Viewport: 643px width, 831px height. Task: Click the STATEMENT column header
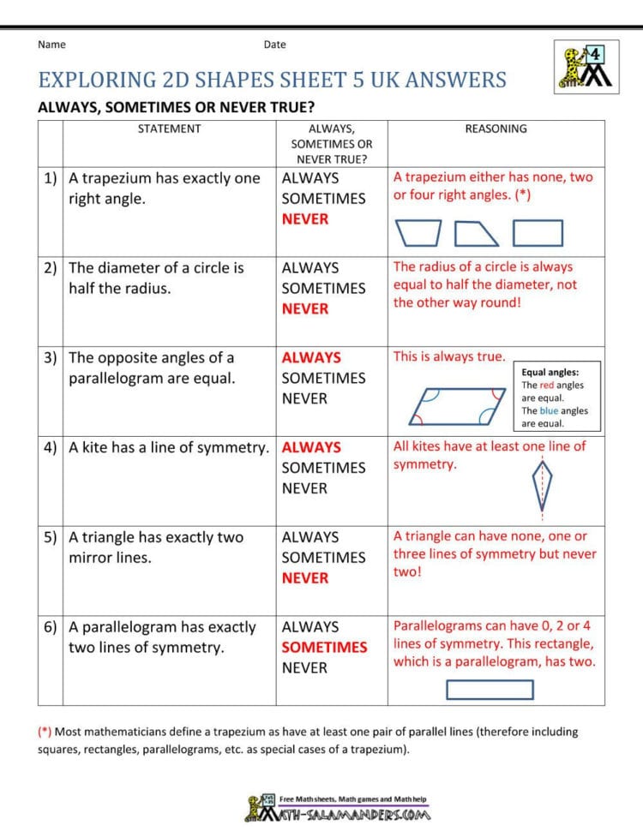coord(169,129)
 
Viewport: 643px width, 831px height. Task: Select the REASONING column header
coord(496,129)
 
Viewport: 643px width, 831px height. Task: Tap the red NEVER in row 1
coord(305,219)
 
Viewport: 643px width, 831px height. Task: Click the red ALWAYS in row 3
coord(311,358)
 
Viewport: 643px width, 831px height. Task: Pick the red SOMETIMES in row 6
coord(324,648)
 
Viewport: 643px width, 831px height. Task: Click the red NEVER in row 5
coord(305,578)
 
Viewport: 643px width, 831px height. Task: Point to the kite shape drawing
coord(542,486)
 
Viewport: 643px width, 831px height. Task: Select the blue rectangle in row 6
coord(490,690)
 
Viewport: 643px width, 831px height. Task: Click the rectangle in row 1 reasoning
coord(538,233)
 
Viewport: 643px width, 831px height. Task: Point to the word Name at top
coord(51,45)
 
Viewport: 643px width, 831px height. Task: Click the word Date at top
coord(275,45)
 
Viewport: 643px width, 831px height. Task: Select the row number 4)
coord(51,448)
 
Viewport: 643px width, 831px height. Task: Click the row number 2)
coord(51,268)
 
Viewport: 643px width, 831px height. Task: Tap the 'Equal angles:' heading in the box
coord(550,373)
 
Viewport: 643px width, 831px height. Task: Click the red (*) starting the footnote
coord(45,732)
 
